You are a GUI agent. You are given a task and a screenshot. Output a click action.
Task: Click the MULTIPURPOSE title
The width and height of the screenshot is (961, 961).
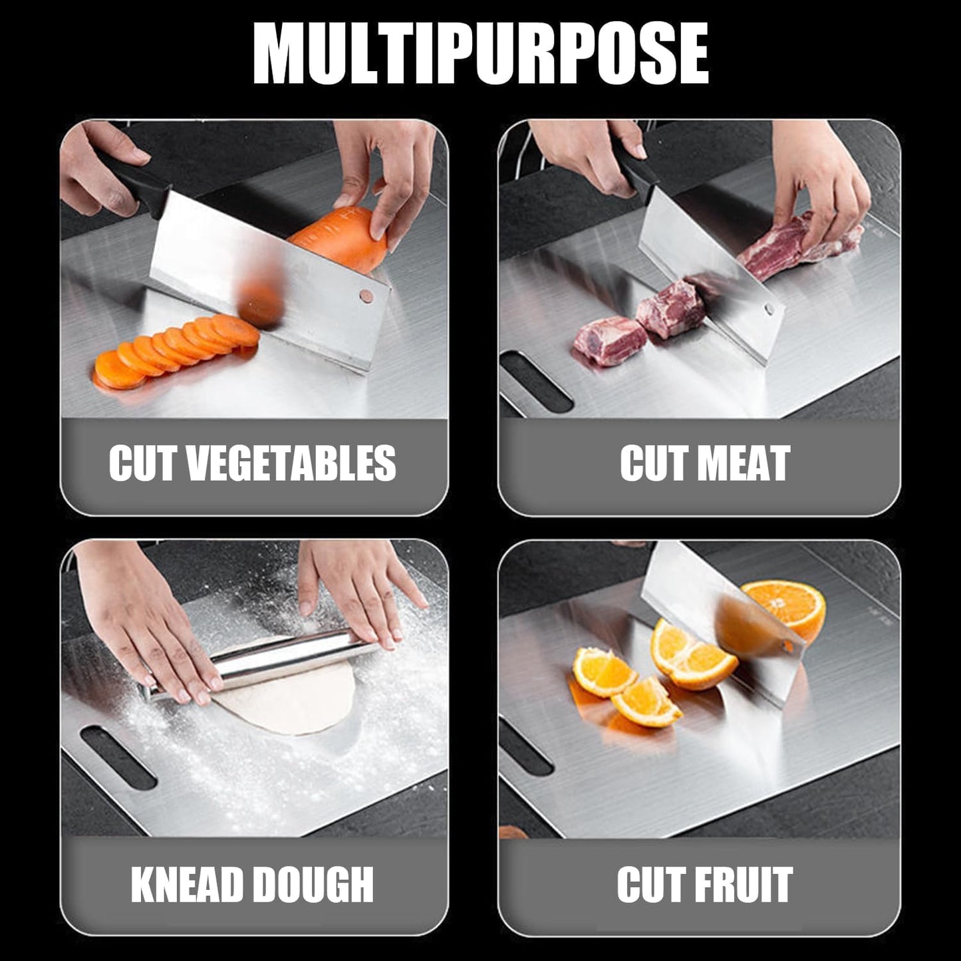click(480, 55)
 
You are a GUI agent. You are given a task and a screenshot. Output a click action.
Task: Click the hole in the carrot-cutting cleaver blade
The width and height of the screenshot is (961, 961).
click(364, 293)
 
